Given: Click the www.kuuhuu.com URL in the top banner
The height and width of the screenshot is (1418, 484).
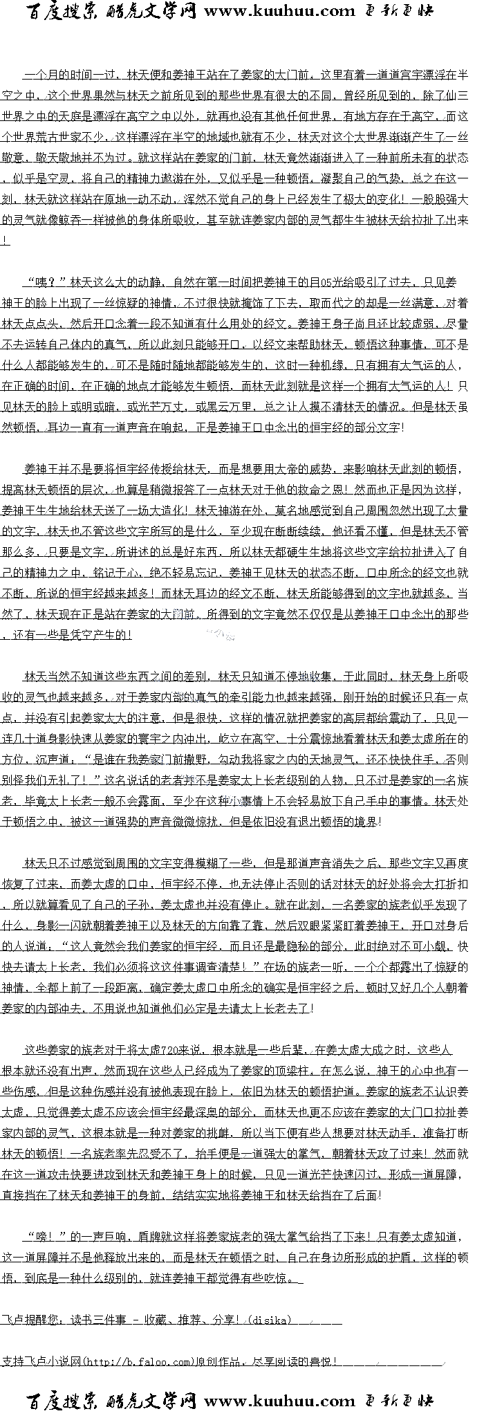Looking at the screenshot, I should (279, 11).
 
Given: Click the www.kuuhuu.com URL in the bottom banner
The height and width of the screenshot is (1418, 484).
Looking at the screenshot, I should (279, 1401).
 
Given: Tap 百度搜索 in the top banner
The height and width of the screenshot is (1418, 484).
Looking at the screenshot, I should (64, 11).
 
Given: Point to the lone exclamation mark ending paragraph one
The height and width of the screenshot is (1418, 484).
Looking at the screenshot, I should (5, 241).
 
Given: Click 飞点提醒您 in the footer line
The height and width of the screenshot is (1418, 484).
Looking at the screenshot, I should (31, 1320).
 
